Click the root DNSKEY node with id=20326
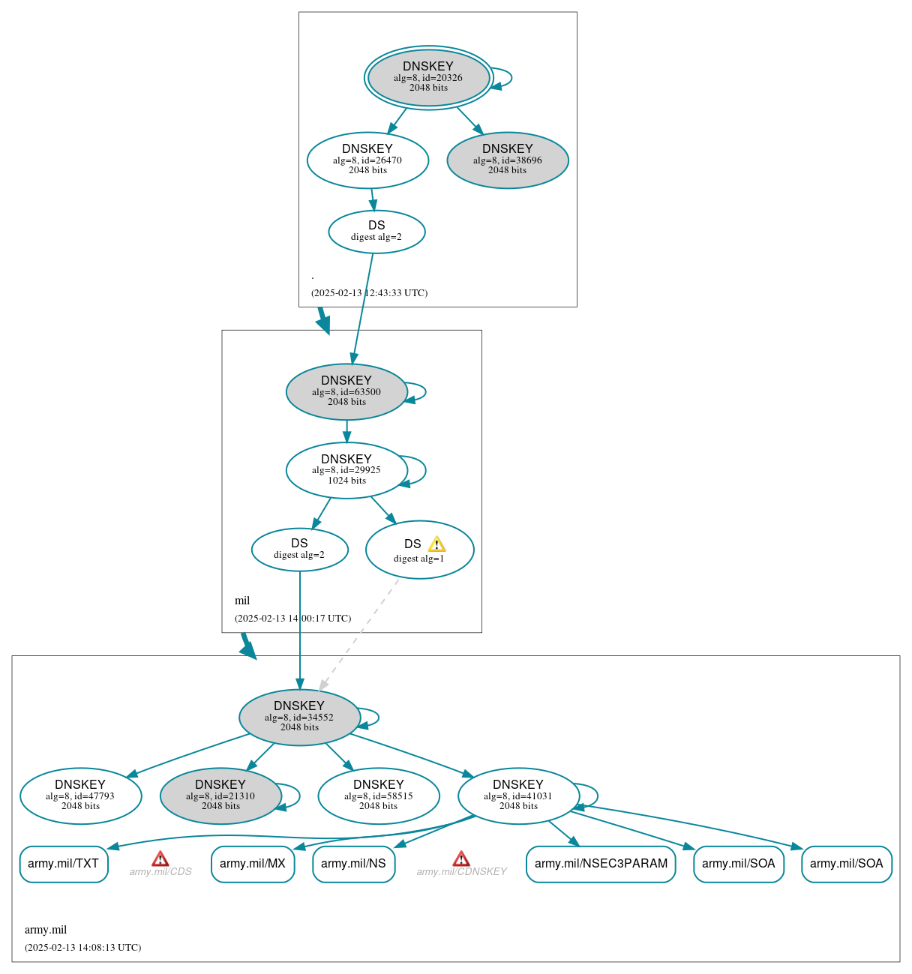pos(428,77)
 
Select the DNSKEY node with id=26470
pos(367,160)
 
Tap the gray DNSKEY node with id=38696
pos(508,160)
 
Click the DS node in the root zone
pos(376,232)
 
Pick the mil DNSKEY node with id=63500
pos(346,391)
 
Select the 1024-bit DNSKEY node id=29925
pos(346,470)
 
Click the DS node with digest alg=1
pos(419,550)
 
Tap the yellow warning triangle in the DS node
pos(436,544)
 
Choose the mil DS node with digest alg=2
pos(299,550)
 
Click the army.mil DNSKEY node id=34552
pos(299,717)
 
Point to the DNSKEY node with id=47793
pos(80,796)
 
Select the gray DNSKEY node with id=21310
pos(220,796)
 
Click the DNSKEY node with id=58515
pos(378,796)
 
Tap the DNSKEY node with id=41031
pos(518,796)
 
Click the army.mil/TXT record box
pos(64,864)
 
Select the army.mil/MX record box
pos(253,864)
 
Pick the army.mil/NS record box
pos(353,864)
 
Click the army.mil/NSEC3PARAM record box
pos(601,864)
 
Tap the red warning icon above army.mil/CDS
pos(160,859)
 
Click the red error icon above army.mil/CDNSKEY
pos(461,859)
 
